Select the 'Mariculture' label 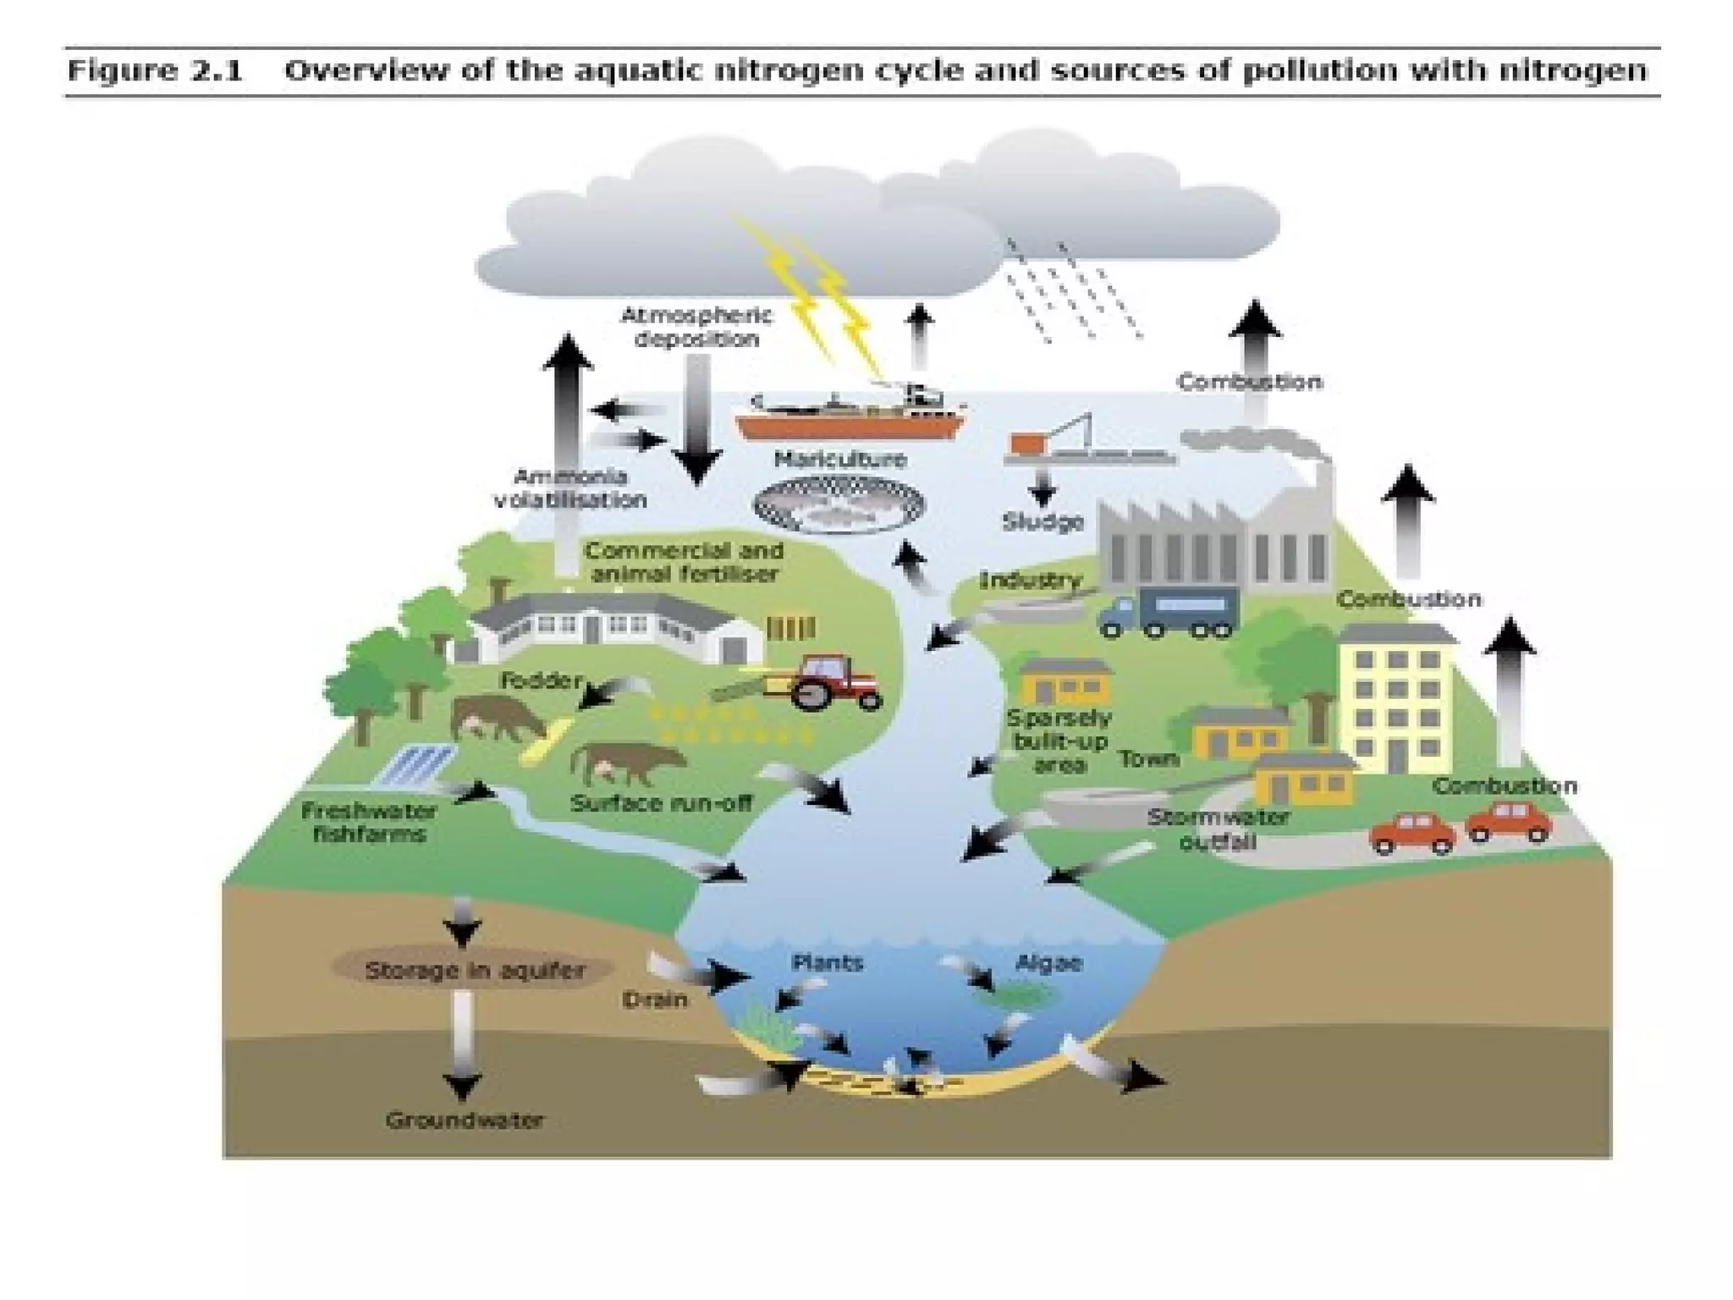click(x=839, y=460)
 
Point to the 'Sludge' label click(x=1043, y=522)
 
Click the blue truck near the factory click(x=1169, y=612)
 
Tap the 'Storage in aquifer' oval click(x=474, y=970)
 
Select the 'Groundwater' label click(x=465, y=1121)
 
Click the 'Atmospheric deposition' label click(x=696, y=328)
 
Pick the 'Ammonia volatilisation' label click(x=570, y=488)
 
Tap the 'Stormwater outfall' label click(x=1218, y=829)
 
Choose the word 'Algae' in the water click(x=1048, y=963)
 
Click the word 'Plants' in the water click(x=827, y=962)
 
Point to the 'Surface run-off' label click(x=661, y=802)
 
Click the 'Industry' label click(x=1030, y=581)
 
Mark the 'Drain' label click(x=655, y=1000)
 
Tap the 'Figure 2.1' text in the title click(x=155, y=70)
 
